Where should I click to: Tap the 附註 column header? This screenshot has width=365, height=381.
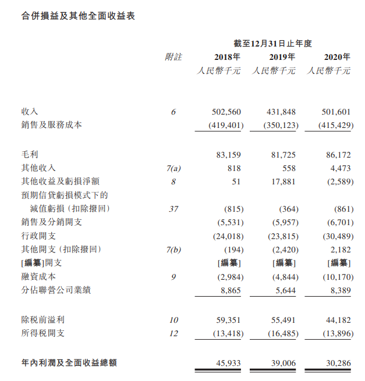[x=173, y=57]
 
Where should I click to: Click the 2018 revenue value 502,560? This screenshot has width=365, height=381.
[x=227, y=112]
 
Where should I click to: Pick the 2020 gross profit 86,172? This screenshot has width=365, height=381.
[x=337, y=155]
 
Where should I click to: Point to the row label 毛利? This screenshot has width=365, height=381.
[x=30, y=155]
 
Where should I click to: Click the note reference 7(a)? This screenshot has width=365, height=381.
[x=173, y=169]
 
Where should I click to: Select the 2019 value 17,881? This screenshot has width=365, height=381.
[x=282, y=181]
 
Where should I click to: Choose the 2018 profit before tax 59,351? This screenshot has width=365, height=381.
[x=227, y=320]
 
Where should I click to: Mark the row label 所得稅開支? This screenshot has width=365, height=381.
[x=44, y=333]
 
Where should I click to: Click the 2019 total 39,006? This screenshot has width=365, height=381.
[x=282, y=363]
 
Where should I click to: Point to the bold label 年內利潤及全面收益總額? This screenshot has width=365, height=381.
[x=69, y=363]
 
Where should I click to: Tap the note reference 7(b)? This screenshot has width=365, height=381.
[x=173, y=250]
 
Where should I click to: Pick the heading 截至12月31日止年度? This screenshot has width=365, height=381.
[x=273, y=43]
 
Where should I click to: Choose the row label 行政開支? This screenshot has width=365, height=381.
[x=39, y=236]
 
